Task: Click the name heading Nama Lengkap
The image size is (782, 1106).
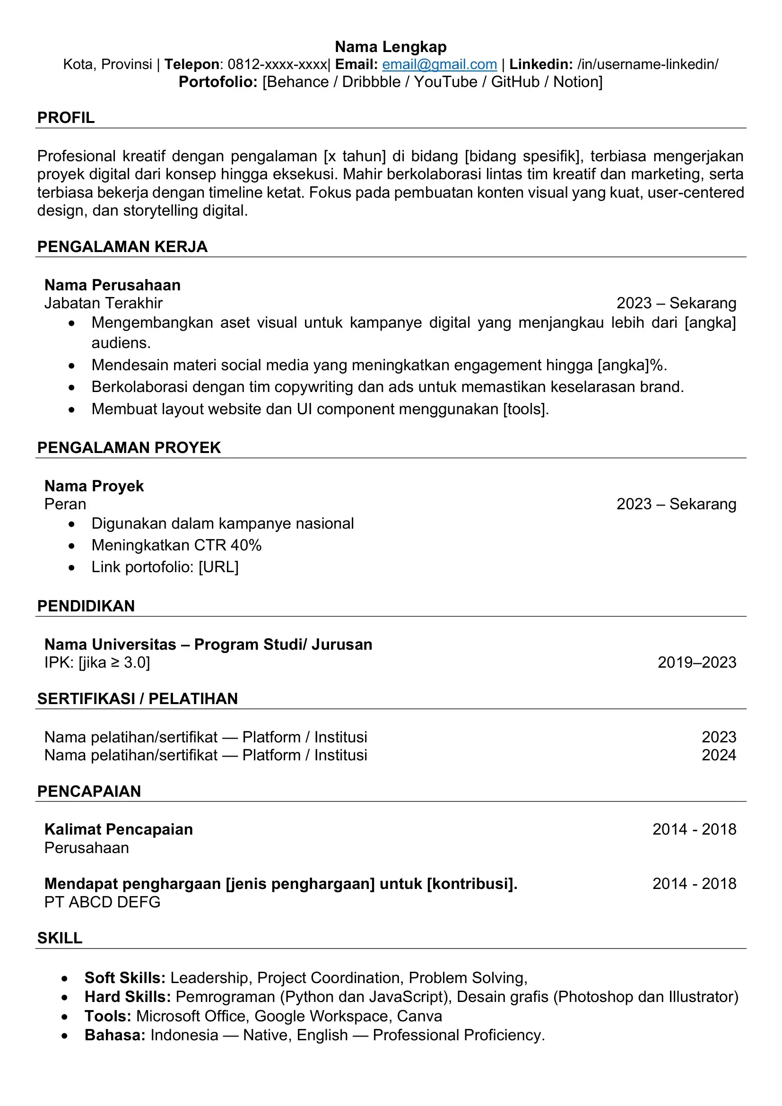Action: point(391,47)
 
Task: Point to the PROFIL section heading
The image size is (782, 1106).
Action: point(66,118)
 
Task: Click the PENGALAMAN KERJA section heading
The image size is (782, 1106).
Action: point(122,247)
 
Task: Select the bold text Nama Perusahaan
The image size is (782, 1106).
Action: point(112,285)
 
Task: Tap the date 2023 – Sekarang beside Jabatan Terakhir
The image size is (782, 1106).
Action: point(676,303)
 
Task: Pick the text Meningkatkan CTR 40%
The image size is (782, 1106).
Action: point(176,545)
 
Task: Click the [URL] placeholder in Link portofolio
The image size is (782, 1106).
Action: point(218,567)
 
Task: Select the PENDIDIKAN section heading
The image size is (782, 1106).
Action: point(86,606)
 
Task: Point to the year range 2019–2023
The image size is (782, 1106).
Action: point(697,662)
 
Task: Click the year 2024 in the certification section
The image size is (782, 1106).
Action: point(719,755)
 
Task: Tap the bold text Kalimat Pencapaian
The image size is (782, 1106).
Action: point(119,829)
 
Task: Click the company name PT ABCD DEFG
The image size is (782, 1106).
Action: point(102,902)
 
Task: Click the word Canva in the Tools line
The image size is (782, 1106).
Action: point(419,1016)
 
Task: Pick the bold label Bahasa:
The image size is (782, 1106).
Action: point(114,1035)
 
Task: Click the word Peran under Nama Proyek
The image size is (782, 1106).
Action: point(65,504)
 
